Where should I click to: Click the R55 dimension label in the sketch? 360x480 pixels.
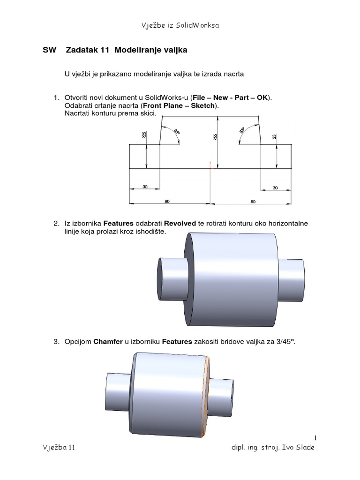pyautogui.click(x=216, y=137)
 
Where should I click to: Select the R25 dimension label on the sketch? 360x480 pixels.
pyautogui.click(x=144, y=135)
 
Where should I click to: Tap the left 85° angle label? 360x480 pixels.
pyautogui.click(x=177, y=132)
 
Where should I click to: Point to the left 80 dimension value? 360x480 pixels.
pyautogui.click(x=167, y=202)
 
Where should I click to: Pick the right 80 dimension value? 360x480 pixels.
pyautogui.click(x=253, y=202)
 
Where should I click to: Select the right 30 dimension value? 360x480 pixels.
pyautogui.click(x=275, y=187)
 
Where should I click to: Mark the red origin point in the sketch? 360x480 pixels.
pyautogui.click(x=211, y=167)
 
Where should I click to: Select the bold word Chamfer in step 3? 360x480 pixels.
pyautogui.click(x=108, y=342)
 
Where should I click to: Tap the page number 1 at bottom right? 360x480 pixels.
pyautogui.click(x=316, y=438)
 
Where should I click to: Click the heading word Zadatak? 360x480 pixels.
pyautogui.click(x=82, y=50)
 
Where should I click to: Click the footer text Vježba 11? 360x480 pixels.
pyautogui.click(x=58, y=448)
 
